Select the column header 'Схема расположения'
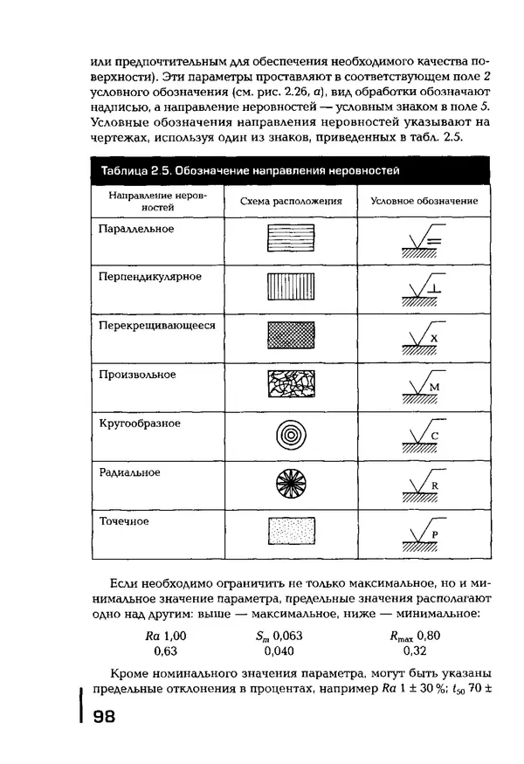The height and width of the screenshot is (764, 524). pos(291,201)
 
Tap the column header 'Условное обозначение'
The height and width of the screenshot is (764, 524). pos(424,201)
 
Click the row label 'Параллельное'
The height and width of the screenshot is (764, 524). pos(137,229)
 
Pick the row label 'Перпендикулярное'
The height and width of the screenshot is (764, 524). pos(150,277)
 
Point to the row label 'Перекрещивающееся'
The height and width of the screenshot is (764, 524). pos(157,326)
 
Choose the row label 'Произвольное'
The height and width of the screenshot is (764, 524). pos(137,375)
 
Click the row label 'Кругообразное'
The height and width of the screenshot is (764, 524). pos(140,423)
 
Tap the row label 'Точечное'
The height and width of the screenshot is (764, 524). pos(123,521)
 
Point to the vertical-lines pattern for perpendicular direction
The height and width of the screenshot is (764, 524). pos(291,287)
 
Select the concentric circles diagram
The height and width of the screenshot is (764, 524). pos(291,433)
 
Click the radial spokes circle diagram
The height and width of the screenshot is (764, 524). pos(291,482)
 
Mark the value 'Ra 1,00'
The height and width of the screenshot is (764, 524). pos(166,636)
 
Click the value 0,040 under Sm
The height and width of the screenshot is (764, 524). pos(280,651)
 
